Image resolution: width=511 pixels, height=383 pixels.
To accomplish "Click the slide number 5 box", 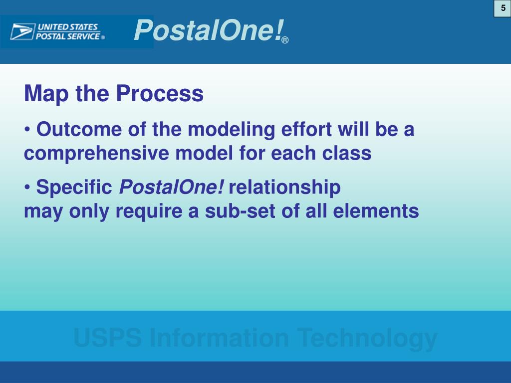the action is click(503, 8).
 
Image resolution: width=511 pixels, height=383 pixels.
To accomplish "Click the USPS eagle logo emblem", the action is click(22, 31).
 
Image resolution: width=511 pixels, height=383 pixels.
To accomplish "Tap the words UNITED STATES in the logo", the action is click(68, 27).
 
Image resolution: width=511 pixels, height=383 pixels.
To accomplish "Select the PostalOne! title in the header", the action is click(209, 30).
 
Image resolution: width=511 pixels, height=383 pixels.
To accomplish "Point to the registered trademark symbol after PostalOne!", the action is click(285, 40).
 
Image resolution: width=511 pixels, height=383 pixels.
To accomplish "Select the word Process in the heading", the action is click(160, 93).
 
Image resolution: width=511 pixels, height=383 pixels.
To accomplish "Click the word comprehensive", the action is click(96, 154).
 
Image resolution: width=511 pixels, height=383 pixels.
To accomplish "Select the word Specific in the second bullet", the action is click(74, 188).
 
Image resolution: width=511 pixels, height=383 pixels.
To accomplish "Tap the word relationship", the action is click(285, 188).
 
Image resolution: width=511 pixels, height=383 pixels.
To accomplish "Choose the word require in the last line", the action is click(149, 212).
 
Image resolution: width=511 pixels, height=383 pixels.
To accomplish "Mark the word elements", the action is click(376, 211).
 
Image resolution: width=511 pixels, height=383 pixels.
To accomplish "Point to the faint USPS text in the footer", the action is click(108, 338).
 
